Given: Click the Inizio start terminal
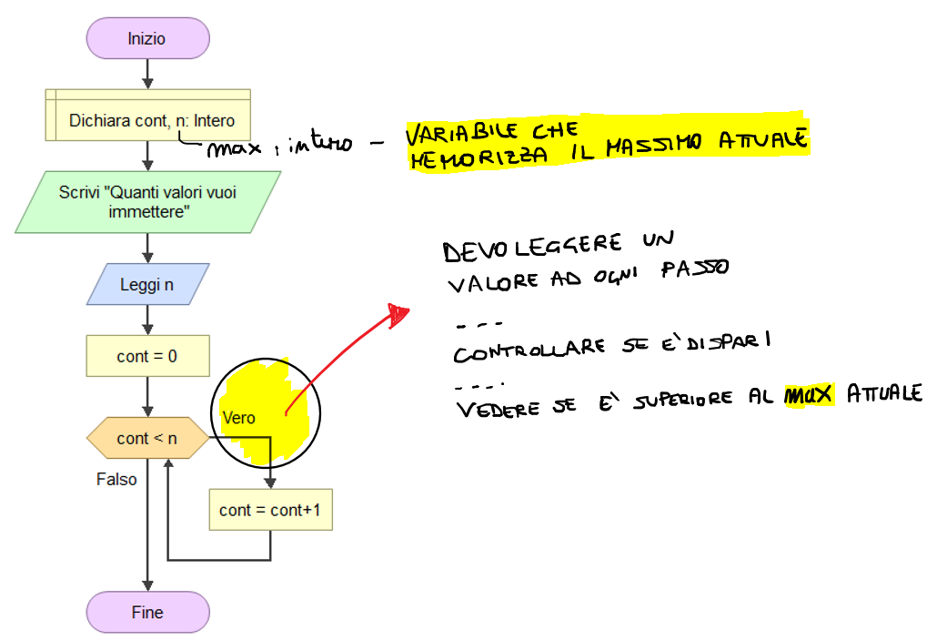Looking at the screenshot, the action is [147, 38].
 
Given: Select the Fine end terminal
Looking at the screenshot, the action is [147, 612].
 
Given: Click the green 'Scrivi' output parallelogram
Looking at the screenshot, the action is [147, 202].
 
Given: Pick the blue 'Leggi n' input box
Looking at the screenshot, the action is [147, 284].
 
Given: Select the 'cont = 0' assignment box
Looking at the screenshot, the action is [147, 356].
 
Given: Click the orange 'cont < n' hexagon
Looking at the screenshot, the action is [147, 438].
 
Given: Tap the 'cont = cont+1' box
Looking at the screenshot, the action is [271, 510].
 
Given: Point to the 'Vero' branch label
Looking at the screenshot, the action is [238, 418].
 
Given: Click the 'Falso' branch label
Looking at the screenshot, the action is [116, 479].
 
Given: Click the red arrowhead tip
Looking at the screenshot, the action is [409, 310].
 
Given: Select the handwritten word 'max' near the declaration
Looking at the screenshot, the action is [234, 147].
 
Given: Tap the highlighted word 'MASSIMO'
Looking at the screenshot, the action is [654, 146].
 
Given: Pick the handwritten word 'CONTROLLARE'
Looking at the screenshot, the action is [529, 350].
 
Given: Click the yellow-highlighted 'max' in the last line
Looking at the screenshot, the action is [809, 395].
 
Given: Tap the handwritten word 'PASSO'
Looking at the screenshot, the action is [695, 268].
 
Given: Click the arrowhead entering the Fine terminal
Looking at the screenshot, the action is [147, 586].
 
